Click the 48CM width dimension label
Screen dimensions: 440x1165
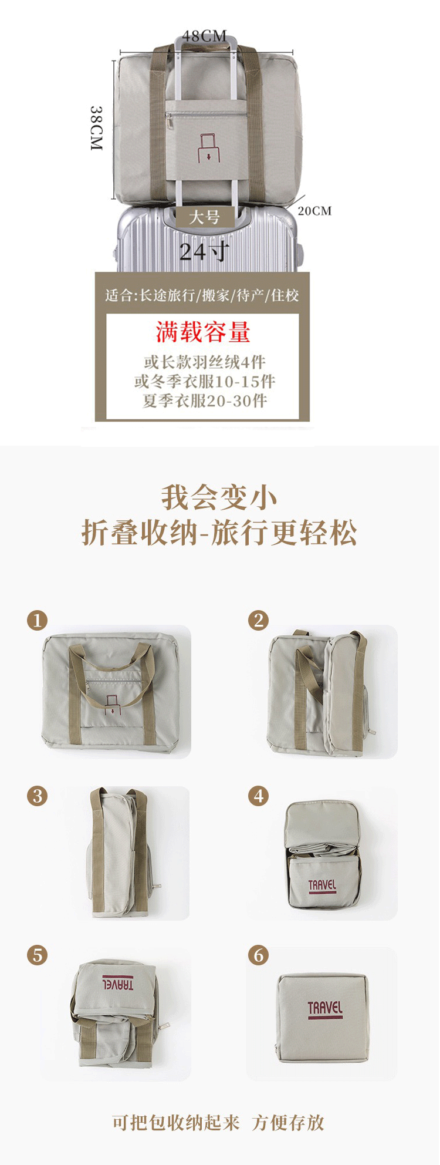pos(204,36)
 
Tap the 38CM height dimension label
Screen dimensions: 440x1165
pos(97,128)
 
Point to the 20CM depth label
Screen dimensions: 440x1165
pos(314,211)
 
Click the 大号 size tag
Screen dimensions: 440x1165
pos(204,217)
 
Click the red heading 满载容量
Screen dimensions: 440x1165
pos(203,332)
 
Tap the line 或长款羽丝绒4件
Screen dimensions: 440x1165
pos(205,362)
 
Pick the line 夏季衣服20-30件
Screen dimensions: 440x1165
pos(205,400)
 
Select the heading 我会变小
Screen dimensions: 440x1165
pos(219,498)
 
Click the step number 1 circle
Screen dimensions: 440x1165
pos(37,620)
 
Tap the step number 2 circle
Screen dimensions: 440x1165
pos(258,620)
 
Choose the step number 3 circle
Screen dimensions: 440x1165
pos(37,796)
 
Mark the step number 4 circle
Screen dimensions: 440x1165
pos(258,796)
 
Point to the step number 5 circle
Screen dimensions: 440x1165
pos(37,955)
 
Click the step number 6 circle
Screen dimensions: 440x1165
pos(258,955)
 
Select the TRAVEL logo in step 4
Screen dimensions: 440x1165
pos(322,886)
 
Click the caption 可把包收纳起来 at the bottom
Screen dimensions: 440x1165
pos(176,1122)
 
